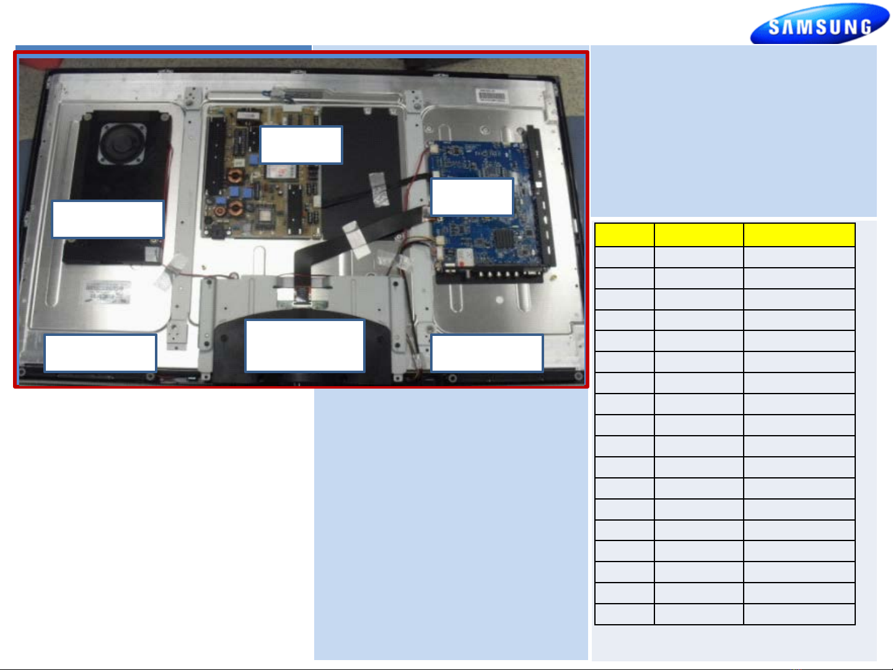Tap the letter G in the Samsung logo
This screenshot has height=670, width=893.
click(863, 27)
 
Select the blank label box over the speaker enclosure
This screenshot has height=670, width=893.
click(107, 219)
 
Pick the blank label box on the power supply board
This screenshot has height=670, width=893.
click(301, 144)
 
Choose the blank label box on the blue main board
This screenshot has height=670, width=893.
click(472, 196)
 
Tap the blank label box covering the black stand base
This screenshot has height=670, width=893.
click(305, 345)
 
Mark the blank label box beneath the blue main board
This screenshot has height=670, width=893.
click(486, 353)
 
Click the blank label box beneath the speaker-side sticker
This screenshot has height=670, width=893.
click(100, 353)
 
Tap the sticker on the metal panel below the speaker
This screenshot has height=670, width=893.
click(108, 291)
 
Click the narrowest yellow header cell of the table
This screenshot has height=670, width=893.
click(624, 235)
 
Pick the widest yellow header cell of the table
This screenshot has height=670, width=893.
click(799, 235)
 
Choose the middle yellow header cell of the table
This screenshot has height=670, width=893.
click(698, 235)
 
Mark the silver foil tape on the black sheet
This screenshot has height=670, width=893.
click(377, 188)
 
